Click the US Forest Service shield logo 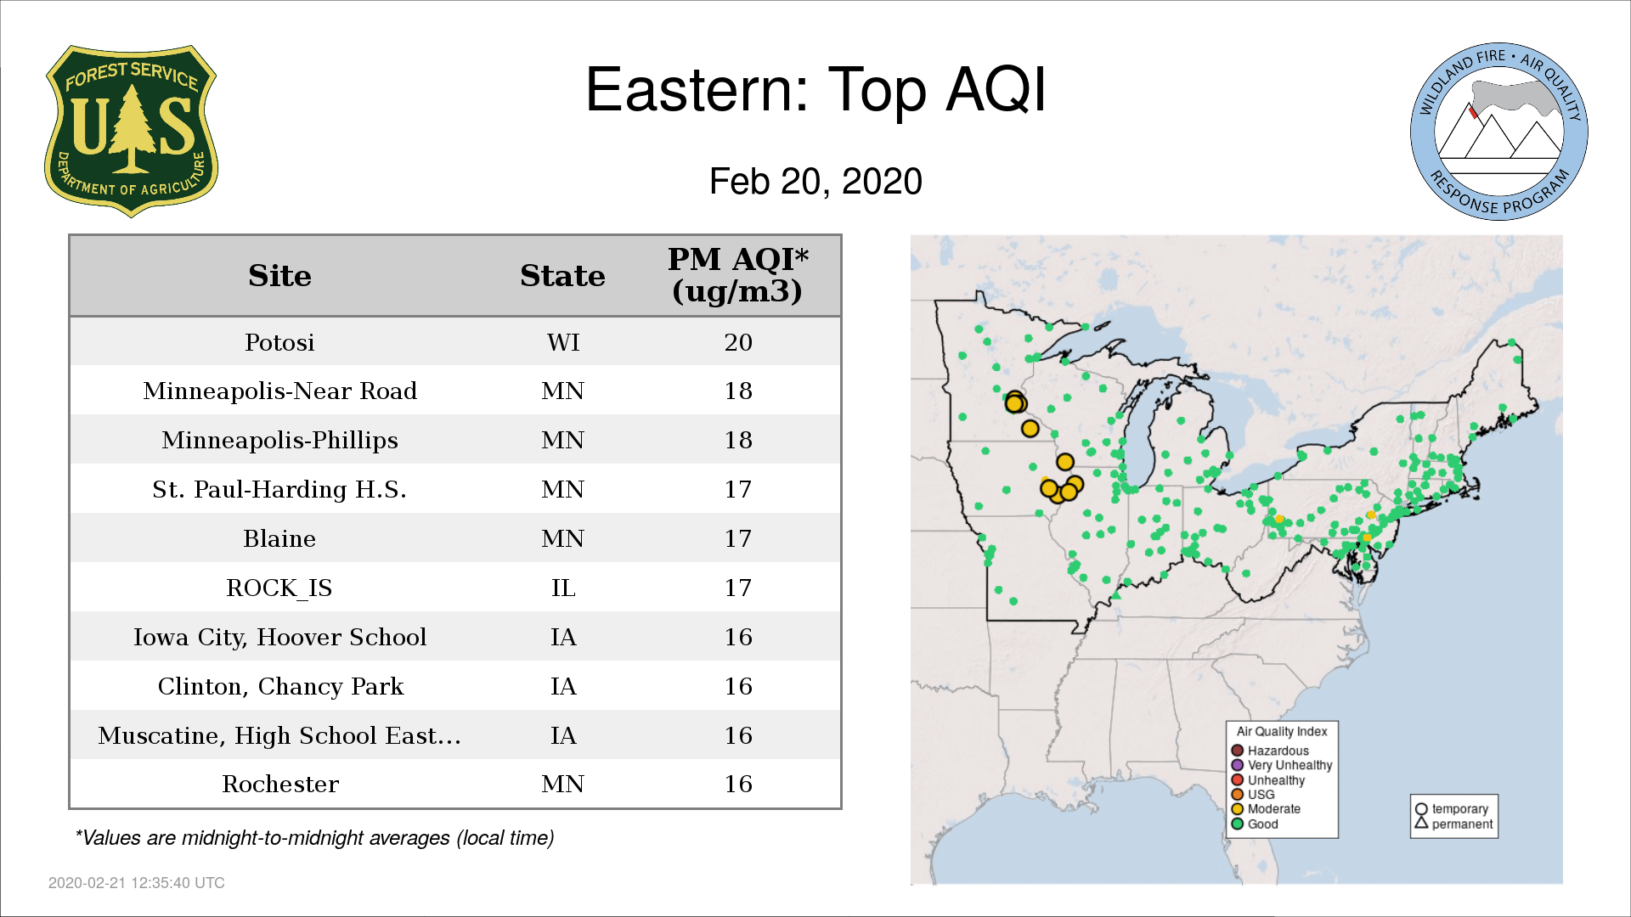[131, 132]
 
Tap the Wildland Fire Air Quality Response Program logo [1499, 132]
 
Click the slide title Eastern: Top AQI [815, 89]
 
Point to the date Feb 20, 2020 [815, 182]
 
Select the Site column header [279, 276]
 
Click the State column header [562, 276]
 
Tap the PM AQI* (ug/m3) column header [737, 275]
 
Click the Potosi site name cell [279, 342]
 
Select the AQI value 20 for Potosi [738, 342]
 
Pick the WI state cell [563, 342]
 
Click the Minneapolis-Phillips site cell [279, 440]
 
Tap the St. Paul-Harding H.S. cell [279, 489]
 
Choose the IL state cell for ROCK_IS [563, 588]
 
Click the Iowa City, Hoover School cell [279, 637]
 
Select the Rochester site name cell [280, 784]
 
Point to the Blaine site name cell [279, 538]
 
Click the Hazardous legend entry [1270, 751]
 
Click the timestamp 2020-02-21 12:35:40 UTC [137, 883]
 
